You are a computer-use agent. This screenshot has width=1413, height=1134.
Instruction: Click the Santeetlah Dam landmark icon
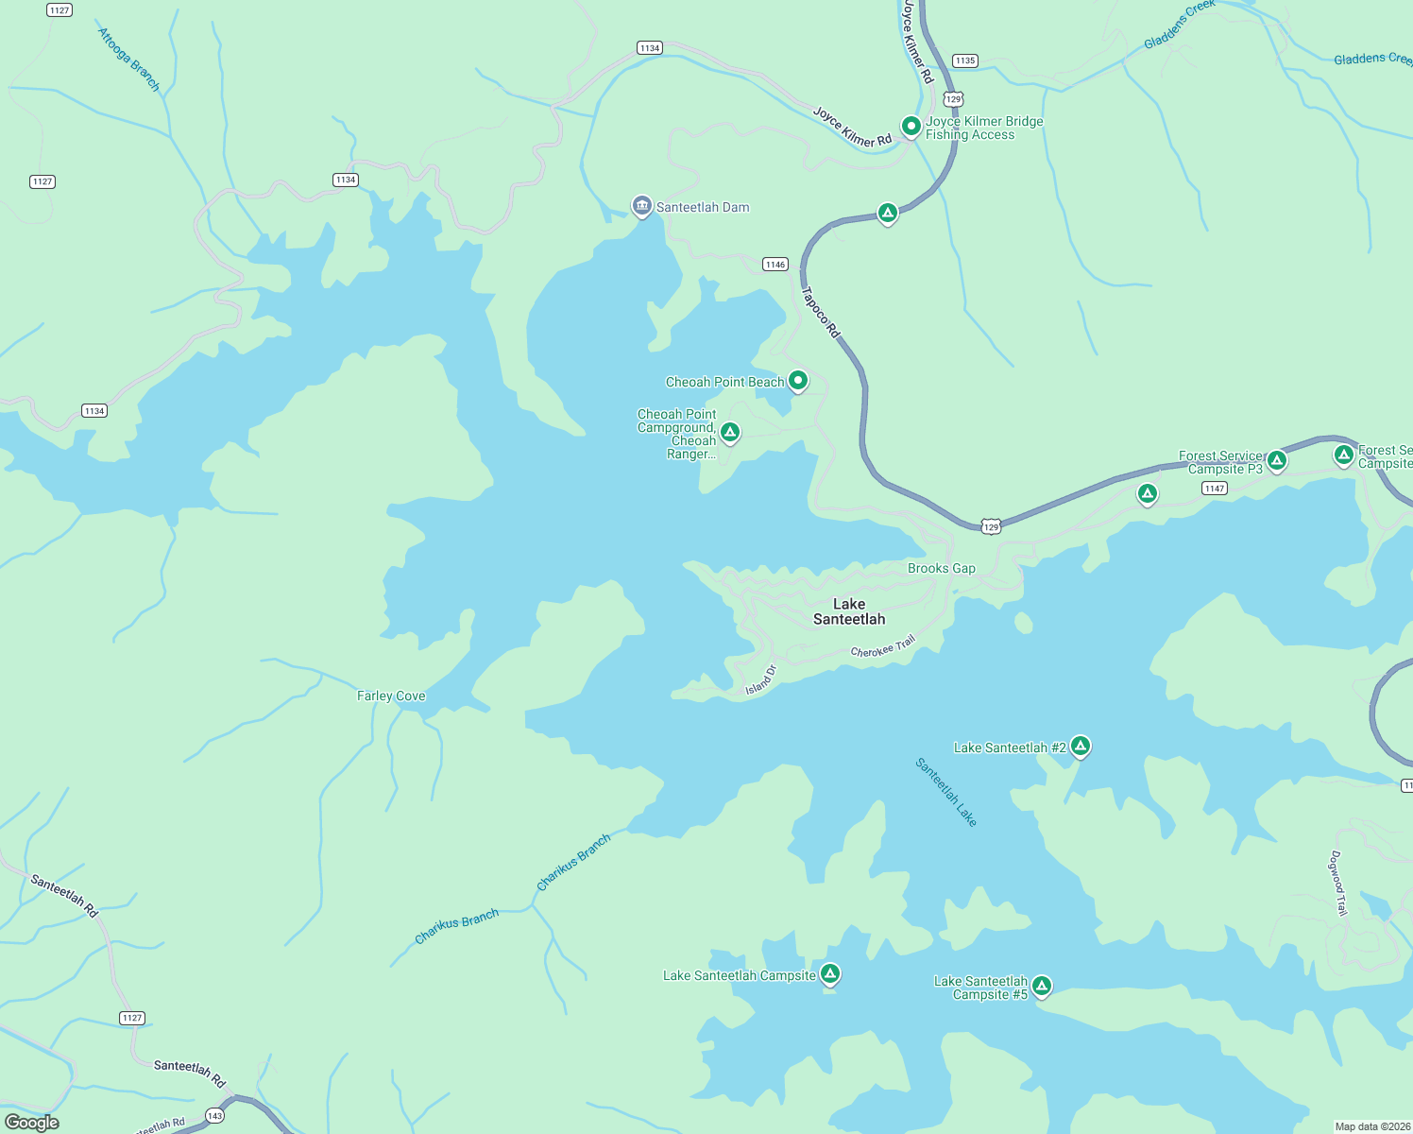(x=642, y=206)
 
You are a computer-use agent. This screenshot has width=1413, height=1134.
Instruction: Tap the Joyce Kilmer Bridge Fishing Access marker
(x=911, y=126)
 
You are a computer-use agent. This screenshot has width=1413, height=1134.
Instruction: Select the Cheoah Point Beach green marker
(x=798, y=381)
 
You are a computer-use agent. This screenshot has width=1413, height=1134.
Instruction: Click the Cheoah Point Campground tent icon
(x=729, y=432)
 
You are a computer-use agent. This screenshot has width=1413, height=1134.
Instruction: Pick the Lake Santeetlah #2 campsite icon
(x=1081, y=746)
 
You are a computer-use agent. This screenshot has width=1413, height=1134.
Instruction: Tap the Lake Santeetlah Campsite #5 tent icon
(x=1041, y=986)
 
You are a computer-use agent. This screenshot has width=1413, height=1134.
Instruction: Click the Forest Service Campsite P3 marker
(x=1276, y=460)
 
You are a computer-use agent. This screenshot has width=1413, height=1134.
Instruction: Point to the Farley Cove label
(x=391, y=696)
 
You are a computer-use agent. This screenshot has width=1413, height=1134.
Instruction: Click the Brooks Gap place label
(x=941, y=568)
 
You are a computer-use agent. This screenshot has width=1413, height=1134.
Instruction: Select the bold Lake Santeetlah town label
(x=849, y=611)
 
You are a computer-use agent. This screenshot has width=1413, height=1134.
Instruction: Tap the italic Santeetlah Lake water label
(x=945, y=792)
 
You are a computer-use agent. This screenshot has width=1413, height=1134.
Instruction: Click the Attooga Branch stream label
(x=129, y=60)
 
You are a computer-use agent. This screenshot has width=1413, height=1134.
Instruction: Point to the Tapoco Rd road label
(x=820, y=312)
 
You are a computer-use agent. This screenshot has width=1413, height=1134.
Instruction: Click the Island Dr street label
(x=760, y=680)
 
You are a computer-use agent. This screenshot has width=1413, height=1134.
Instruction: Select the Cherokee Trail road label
(x=883, y=647)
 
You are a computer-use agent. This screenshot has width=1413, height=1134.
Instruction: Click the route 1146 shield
(x=775, y=265)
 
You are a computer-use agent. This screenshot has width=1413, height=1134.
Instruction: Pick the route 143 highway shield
(x=214, y=1116)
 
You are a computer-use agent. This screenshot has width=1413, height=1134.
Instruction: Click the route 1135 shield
(x=964, y=60)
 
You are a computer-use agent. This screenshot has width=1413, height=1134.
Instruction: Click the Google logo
(x=32, y=1122)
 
